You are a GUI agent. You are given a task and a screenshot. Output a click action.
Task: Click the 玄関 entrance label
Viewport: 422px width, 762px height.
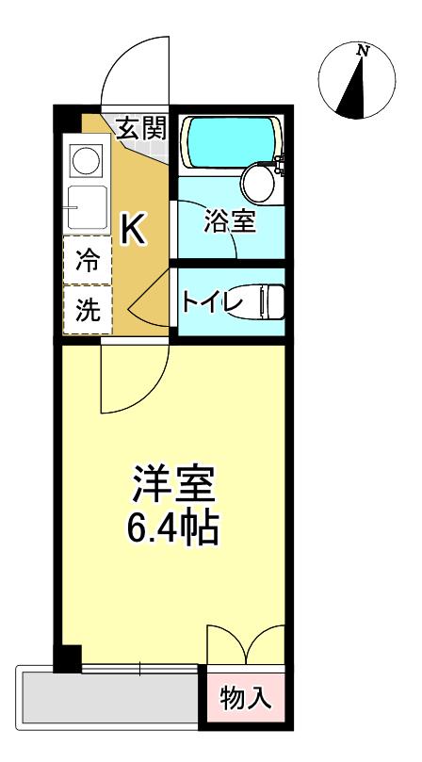(x=141, y=130)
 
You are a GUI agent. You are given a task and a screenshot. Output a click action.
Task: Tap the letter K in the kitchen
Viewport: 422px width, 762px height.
(x=133, y=229)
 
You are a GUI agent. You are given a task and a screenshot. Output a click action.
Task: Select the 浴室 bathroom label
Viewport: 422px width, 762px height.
(x=230, y=223)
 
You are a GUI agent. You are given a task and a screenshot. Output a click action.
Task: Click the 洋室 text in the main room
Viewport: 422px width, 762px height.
(x=172, y=487)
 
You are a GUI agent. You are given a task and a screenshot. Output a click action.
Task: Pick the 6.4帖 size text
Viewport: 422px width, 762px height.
(x=172, y=529)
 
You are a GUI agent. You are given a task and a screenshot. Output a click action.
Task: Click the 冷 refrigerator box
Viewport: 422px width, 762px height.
(x=87, y=261)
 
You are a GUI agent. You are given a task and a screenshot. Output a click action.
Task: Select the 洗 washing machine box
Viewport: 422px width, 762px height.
(x=87, y=312)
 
